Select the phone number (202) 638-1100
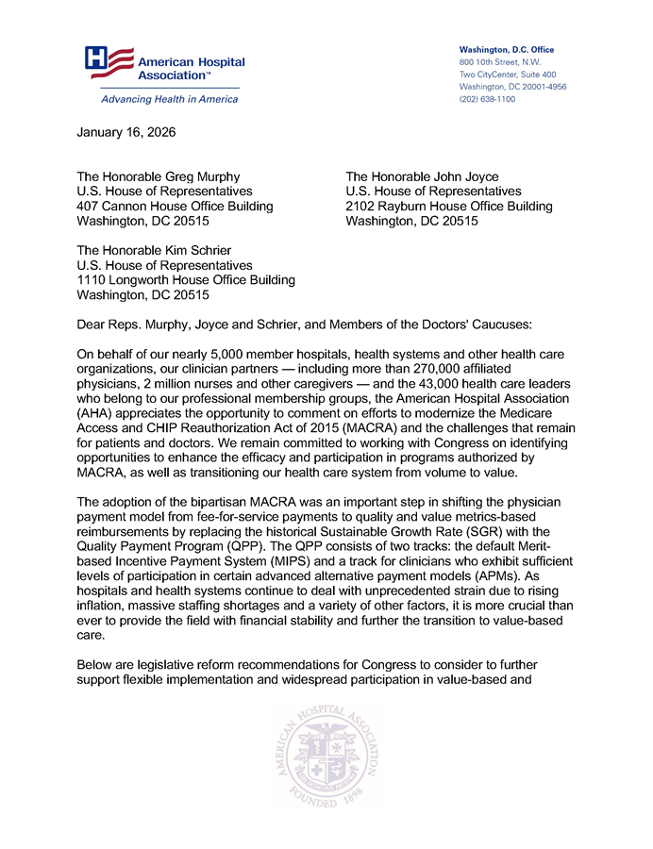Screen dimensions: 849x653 click(487, 99)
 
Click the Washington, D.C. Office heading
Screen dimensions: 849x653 click(506, 49)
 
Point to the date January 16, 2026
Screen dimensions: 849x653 click(126, 132)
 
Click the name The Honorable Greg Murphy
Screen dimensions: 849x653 click(158, 176)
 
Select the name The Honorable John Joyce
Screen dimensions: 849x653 click(422, 176)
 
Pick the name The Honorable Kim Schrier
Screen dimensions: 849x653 click(153, 250)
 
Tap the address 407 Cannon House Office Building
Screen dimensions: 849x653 click(175, 207)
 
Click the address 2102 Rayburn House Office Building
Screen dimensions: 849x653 click(449, 207)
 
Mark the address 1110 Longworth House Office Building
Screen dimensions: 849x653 click(185, 280)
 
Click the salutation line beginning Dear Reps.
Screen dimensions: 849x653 click(304, 325)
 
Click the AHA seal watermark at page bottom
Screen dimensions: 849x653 click(326, 754)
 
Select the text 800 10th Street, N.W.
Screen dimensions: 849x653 click(493, 61)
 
